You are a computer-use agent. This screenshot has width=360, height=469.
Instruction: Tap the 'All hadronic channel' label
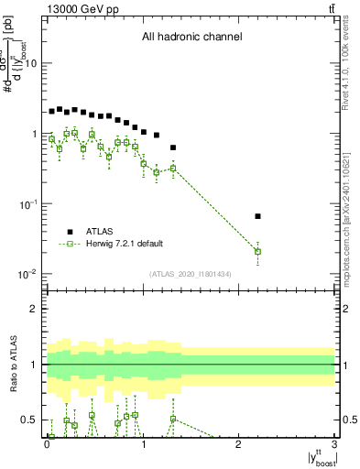[191, 38]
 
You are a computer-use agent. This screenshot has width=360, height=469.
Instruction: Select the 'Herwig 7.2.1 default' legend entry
[125, 244]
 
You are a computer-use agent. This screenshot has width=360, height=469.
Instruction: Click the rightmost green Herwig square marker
[257, 251]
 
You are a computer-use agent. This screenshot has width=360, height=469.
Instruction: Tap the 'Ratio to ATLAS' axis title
[14, 365]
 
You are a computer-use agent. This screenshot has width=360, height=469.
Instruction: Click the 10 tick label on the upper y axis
[30, 63]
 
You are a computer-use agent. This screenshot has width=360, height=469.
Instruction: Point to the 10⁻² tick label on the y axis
[27, 274]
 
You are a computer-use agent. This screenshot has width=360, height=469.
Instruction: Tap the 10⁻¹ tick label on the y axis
[27, 203]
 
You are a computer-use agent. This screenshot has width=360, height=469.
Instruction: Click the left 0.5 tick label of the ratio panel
[29, 420]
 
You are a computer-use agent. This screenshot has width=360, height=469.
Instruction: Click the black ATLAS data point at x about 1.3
[173, 147]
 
